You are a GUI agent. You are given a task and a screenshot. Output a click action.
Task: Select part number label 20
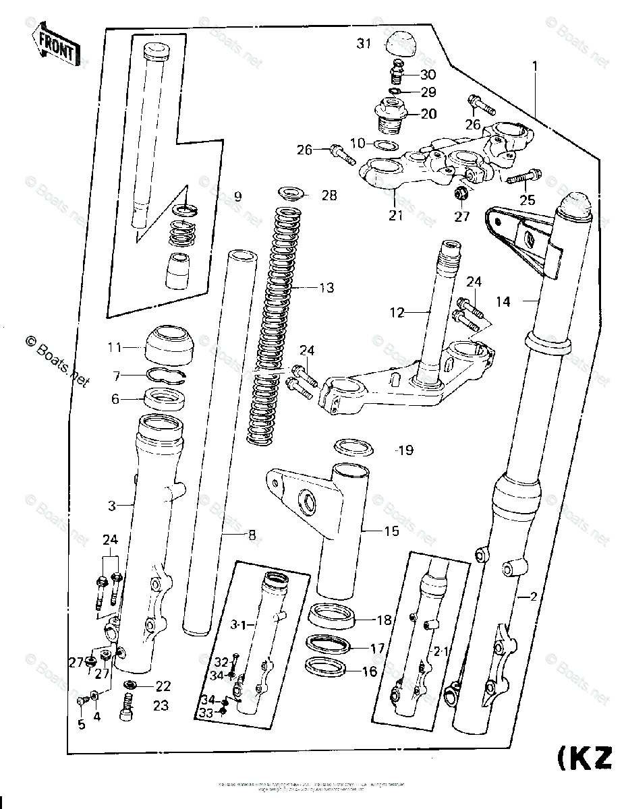(x=428, y=114)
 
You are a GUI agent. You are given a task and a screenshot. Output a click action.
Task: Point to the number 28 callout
(x=329, y=196)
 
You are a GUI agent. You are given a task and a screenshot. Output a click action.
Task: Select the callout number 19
(x=405, y=450)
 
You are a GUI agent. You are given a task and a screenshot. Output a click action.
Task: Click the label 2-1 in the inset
(x=441, y=651)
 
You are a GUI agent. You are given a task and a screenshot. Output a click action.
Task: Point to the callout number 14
(x=503, y=302)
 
